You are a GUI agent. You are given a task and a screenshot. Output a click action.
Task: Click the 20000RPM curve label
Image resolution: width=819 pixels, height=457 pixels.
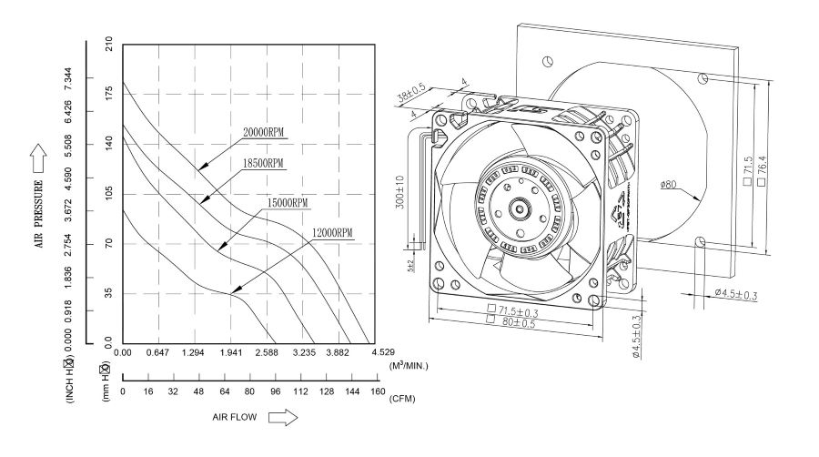click(x=263, y=132)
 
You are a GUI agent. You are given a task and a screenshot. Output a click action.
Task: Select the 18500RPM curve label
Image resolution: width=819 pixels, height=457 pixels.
click(x=263, y=163)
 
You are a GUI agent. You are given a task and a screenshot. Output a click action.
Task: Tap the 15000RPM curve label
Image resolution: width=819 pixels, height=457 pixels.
click(x=287, y=202)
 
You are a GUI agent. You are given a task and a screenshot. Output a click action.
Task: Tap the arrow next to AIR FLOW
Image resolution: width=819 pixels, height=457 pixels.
click(x=284, y=418)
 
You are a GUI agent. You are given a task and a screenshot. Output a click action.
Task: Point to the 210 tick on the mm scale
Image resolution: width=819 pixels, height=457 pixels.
click(x=110, y=44)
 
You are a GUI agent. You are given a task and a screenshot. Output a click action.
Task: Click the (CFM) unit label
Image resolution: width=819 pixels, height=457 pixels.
click(x=402, y=399)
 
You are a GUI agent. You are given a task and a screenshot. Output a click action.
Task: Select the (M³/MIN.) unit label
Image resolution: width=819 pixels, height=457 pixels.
click(x=409, y=365)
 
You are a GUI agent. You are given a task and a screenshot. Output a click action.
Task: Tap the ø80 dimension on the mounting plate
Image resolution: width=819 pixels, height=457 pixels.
click(x=670, y=186)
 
